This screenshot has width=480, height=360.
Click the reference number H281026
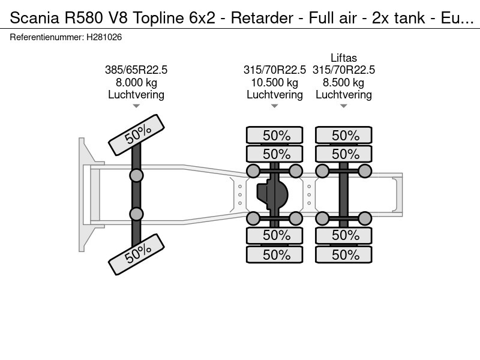(x=104, y=37)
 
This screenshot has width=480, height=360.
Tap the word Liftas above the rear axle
(x=344, y=58)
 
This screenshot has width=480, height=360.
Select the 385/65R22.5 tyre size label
(x=136, y=70)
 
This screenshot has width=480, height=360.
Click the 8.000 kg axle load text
(x=136, y=83)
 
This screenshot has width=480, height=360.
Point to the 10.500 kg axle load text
(x=275, y=83)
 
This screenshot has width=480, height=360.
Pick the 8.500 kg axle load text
(x=344, y=83)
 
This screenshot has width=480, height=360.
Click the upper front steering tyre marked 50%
(x=136, y=136)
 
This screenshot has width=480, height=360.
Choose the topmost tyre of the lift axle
(x=345, y=136)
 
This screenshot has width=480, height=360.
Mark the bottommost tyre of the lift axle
(x=345, y=254)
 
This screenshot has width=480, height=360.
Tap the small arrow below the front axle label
(x=136, y=106)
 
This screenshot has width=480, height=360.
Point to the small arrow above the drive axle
(x=275, y=106)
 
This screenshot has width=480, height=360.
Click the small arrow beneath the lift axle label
(x=344, y=106)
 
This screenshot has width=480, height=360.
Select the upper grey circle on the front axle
(x=137, y=175)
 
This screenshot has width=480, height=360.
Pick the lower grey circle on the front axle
(x=137, y=214)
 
